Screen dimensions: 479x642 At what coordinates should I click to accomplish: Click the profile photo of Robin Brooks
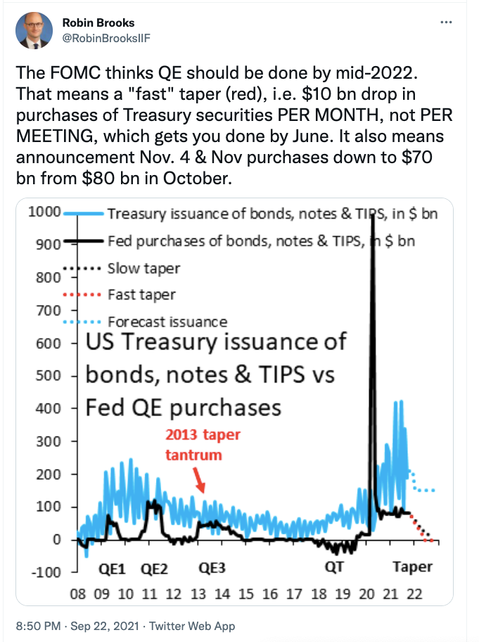coord(34,30)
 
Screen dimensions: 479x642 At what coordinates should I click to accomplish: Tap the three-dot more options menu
coord(446,22)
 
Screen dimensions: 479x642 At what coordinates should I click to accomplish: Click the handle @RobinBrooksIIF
coord(106,38)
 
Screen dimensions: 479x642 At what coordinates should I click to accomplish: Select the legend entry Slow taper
coord(143,269)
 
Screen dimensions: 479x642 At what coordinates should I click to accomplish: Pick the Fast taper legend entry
coord(141,295)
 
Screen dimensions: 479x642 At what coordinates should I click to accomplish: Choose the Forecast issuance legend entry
coord(167,322)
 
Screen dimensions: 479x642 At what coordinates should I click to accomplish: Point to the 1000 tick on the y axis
coord(44,212)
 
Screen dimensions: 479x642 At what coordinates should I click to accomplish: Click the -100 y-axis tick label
coord(46,572)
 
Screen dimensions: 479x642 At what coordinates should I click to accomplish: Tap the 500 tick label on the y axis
coord(48,375)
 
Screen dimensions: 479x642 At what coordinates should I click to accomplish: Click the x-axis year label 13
coord(198,593)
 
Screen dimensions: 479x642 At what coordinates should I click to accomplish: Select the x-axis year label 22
coord(414,593)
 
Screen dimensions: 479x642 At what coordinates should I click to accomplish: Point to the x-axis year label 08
coord(78,593)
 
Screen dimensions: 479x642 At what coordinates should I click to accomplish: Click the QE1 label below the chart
coord(112,569)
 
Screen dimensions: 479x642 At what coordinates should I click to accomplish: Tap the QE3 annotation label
coord(212,568)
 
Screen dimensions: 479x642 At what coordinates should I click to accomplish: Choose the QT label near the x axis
coord(334,567)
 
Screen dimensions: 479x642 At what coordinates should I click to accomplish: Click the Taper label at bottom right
coord(412,567)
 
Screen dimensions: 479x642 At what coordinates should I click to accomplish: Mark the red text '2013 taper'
coord(203,435)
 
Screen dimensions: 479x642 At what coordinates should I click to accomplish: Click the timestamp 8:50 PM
coord(38,626)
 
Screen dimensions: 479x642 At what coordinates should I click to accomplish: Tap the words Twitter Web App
coord(192,627)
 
